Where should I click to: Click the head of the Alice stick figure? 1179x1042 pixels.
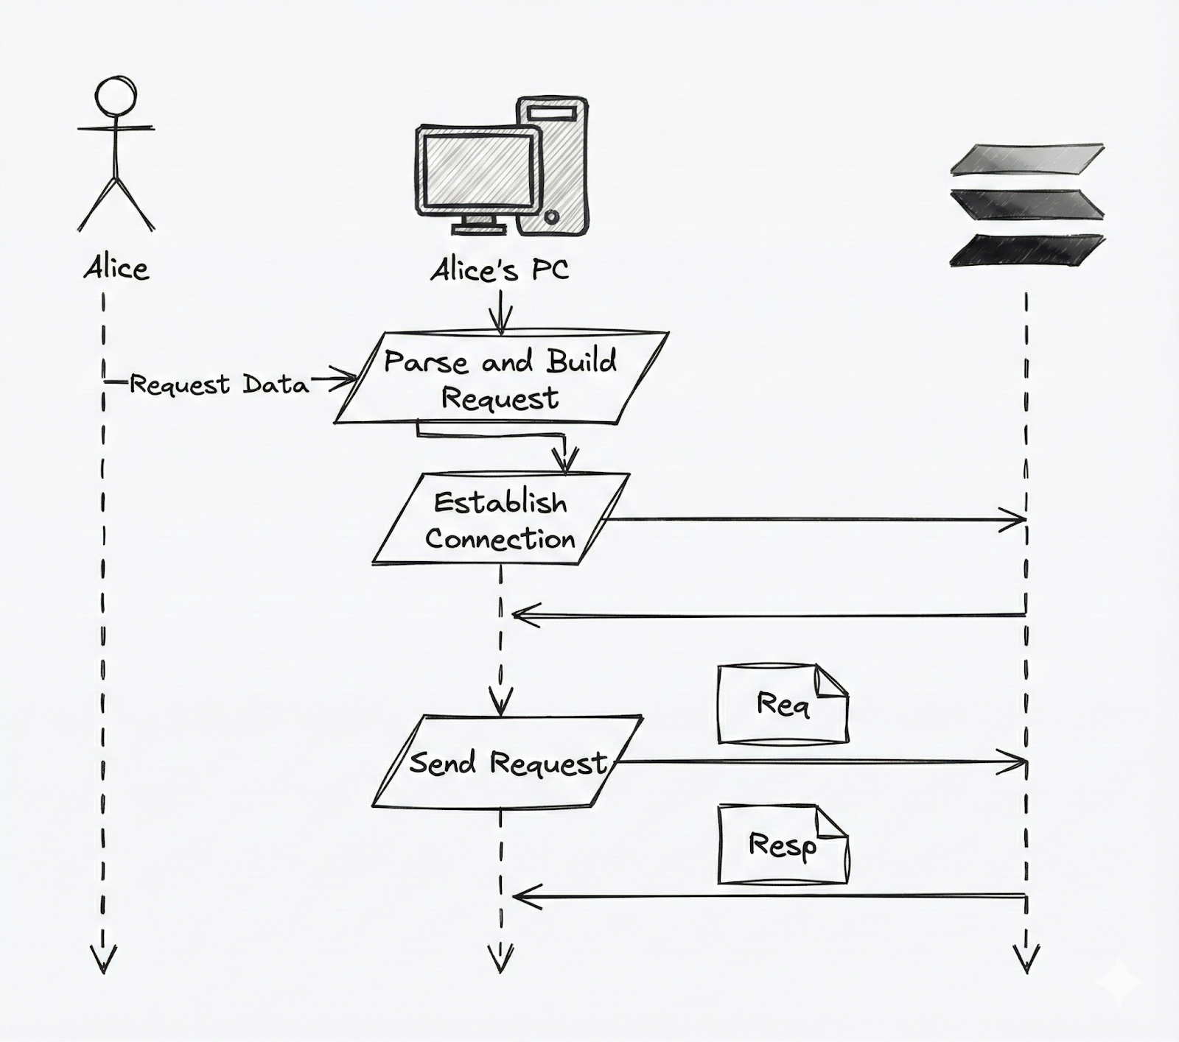pyautogui.click(x=116, y=96)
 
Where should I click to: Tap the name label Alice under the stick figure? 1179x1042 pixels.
pyautogui.click(x=116, y=268)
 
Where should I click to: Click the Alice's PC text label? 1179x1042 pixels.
pyautogui.click(x=500, y=270)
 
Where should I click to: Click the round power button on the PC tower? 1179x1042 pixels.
pyautogui.click(x=551, y=217)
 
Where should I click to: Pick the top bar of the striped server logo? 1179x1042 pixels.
pyautogui.click(x=1027, y=160)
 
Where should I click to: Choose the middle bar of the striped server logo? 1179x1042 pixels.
pyautogui.click(x=1027, y=204)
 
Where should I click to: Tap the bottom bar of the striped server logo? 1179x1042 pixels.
pyautogui.click(x=1027, y=250)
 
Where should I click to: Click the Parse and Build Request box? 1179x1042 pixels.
pyautogui.click(x=501, y=379)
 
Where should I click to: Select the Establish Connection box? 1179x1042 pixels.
pyautogui.click(x=501, y=520)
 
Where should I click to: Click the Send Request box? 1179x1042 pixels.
pyautogui.click(x=507, y=762)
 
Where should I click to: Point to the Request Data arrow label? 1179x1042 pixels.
pyautogui.click(x=219, y=384)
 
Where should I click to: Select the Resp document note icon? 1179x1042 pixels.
pyautogui.click(x=783, y=844)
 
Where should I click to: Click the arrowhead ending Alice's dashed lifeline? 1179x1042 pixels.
pyautogui.click(x=103, y=960)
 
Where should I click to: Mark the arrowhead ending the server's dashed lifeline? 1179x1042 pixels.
pyautogui.click(x=1026, y=960)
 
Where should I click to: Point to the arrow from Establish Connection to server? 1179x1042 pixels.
pyautogui.click(x=811, y=520)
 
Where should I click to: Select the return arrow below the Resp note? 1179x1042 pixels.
pyautogui.click(x=766, y=896)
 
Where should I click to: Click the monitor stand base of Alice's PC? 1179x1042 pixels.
pyautogui.click(x=479, y=229)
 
